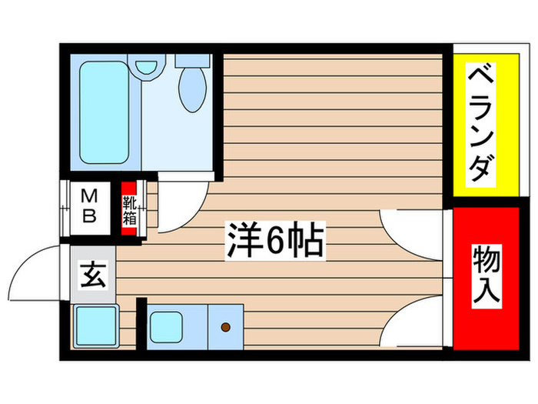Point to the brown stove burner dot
226,327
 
